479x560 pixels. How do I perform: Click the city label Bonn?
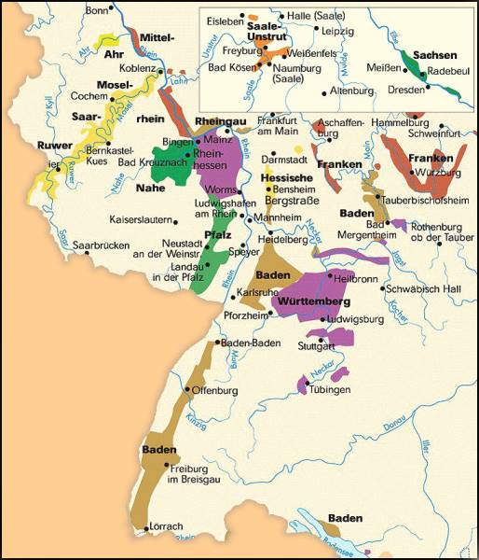pyautogui.click(x=96, y=10)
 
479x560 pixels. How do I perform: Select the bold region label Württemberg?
pyautogui.click(x=311, y=303)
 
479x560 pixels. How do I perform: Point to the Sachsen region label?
pyautogui.click(x=435, y=55)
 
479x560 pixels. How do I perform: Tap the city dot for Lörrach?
pyautogui.click(x=147, y=529)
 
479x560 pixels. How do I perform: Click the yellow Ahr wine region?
pyautogui.click(x=107, y=42)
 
